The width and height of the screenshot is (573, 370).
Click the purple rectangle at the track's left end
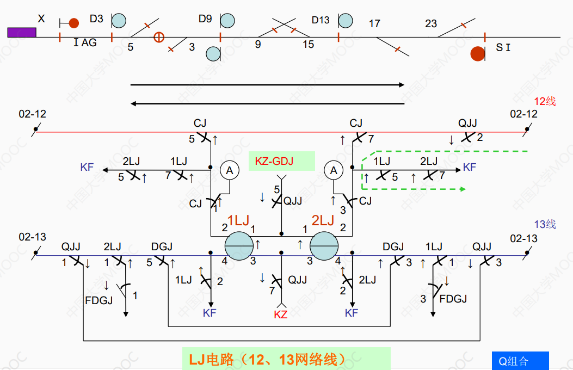point(22,32)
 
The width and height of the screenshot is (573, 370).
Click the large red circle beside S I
point(478,53)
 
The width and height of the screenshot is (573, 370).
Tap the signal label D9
point(205,20)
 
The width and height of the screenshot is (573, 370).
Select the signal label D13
point(321,20)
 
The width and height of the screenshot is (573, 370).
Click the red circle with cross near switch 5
point(158,37)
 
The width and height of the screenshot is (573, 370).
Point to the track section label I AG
point(85,42)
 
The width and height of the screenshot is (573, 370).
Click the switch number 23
point(431,24)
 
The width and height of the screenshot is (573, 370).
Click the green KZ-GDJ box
point(281,161)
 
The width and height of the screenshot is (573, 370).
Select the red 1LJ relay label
point(238,220)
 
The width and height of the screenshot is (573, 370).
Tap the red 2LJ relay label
point(323,220)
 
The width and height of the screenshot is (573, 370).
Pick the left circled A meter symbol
point(230,170)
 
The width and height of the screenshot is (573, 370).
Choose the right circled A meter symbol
point(334,170)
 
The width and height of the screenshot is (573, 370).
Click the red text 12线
point(544,101)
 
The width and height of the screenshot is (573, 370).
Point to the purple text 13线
point(544,224)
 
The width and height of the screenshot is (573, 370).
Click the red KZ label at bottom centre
point(281,314)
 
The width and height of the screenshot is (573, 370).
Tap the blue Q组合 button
point(520,361)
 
